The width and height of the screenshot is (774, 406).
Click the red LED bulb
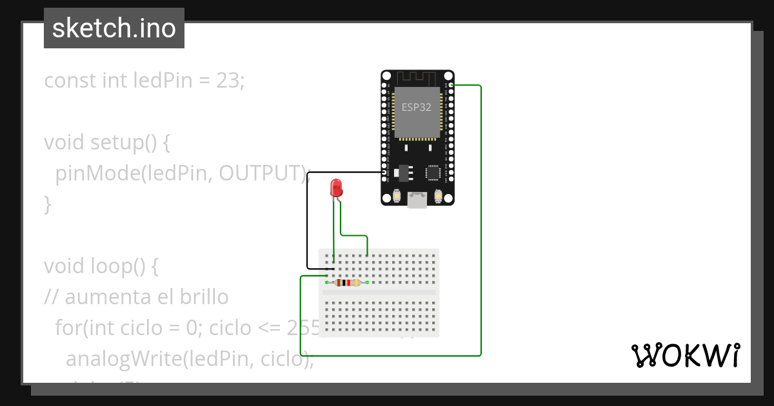pos(336,188)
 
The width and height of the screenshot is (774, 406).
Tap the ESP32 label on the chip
pos(417,108)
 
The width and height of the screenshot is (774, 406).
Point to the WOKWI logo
pos(686,355)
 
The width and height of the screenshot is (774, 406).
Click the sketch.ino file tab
pos(114,28)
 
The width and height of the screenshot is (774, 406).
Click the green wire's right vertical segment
pos(481,219)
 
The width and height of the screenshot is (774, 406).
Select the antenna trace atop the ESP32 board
pos(417,77)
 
